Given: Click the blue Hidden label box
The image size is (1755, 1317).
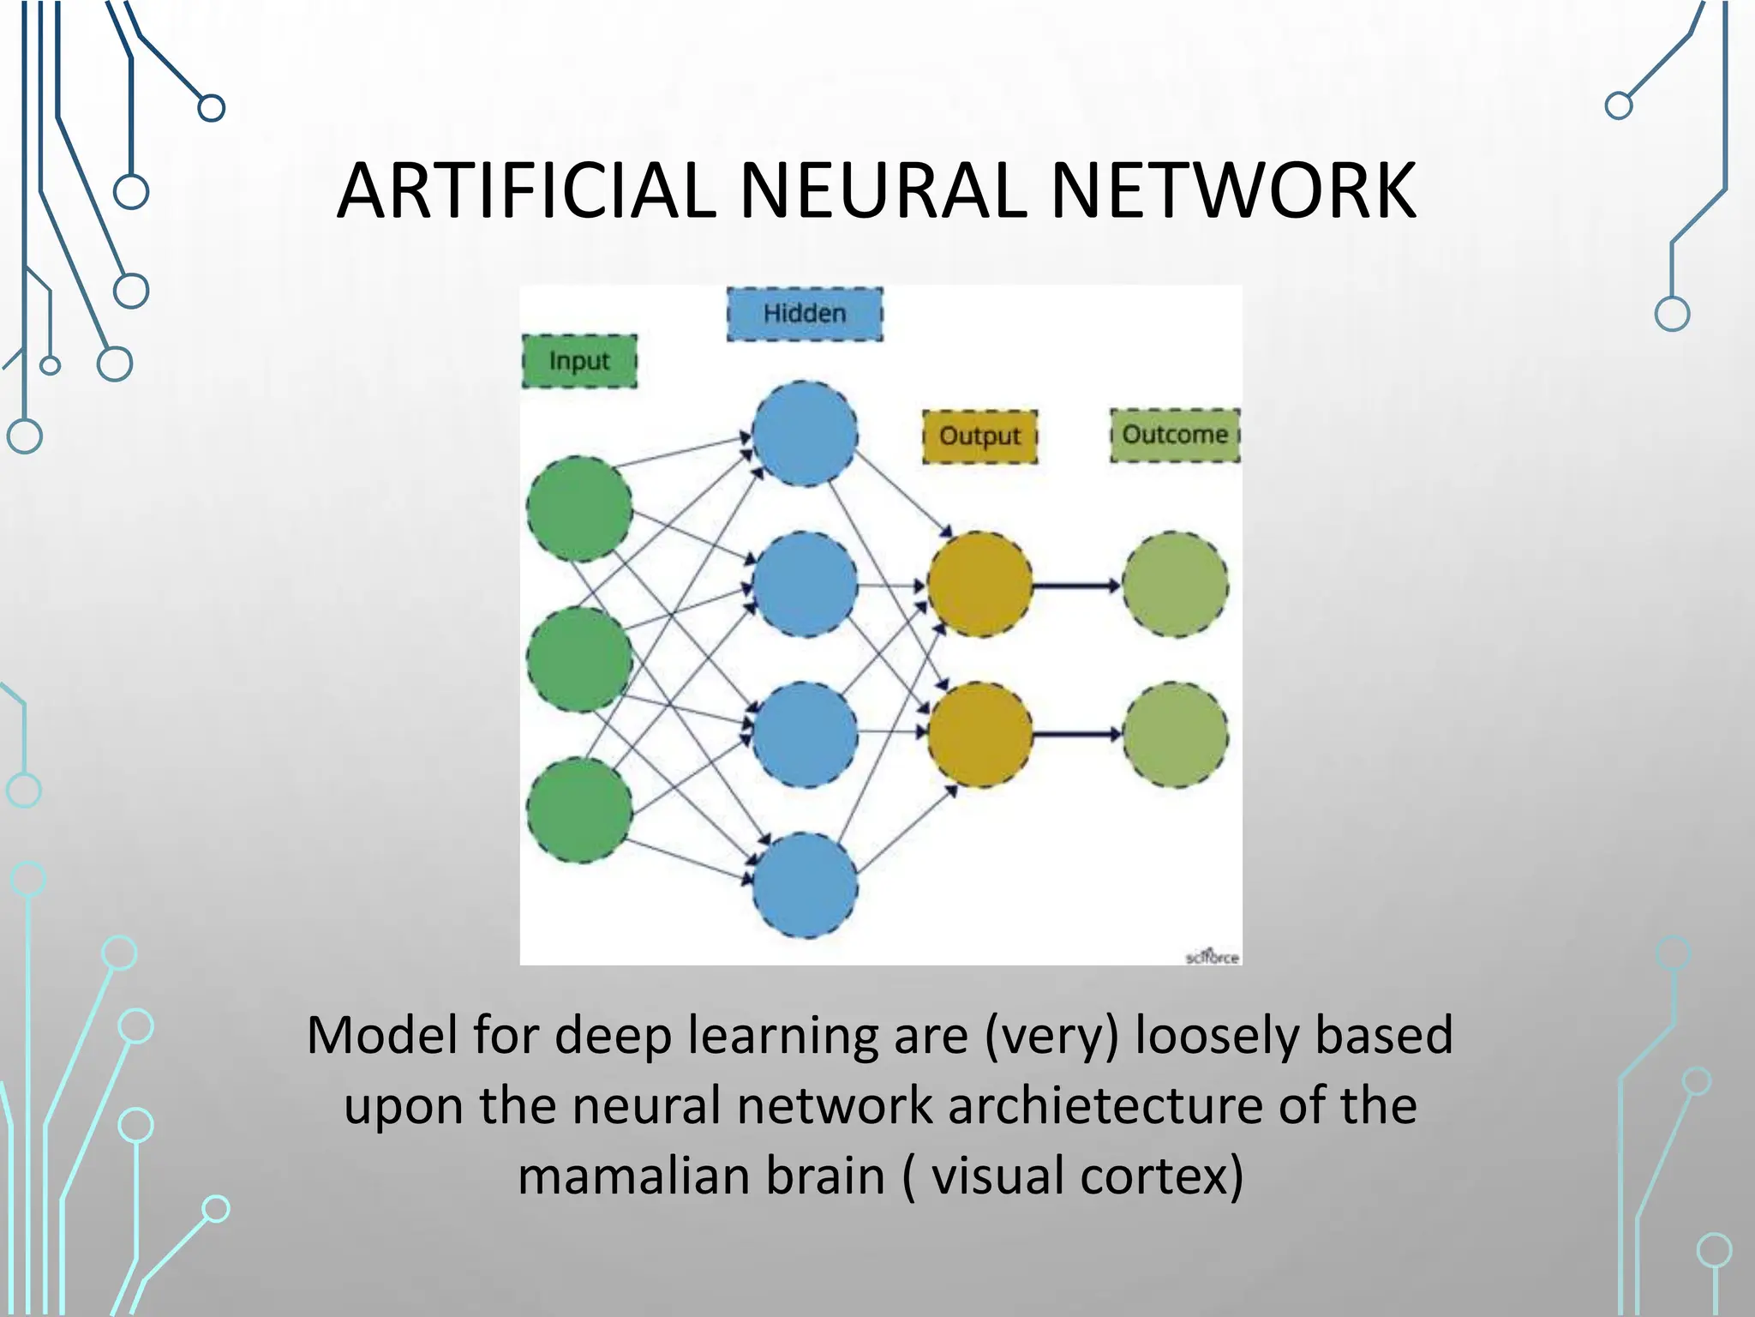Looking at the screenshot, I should coord(805,315).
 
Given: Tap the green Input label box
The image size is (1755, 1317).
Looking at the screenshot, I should coord(579,361).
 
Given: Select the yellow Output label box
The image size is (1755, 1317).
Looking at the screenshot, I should coord(979,436).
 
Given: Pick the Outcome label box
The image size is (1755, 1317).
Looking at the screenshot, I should coord(1175,435).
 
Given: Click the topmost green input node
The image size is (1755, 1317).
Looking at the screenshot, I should coord(579,509).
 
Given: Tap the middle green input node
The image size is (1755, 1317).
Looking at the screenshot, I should coord(579,659).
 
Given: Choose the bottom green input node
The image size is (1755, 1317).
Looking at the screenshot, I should coord(579,810).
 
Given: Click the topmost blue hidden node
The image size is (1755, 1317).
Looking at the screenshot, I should coord(805,434).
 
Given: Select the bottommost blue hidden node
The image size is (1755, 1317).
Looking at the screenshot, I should coord(805,885).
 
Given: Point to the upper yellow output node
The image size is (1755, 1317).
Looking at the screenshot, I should coord(979,585).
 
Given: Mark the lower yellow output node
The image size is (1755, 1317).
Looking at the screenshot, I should coord(979,735).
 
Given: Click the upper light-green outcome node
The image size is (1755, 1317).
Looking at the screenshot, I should coord(1175,585).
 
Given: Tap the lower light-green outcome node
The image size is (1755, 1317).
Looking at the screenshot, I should coord(1175,735).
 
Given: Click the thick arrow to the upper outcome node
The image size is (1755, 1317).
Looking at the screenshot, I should coord(1076,586).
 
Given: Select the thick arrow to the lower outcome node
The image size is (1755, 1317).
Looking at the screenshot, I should coord(1076,735).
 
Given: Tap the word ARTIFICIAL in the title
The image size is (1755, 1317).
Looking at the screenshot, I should coord(526,191).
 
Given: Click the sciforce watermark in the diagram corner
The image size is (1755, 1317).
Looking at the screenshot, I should coord(1212,957).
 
